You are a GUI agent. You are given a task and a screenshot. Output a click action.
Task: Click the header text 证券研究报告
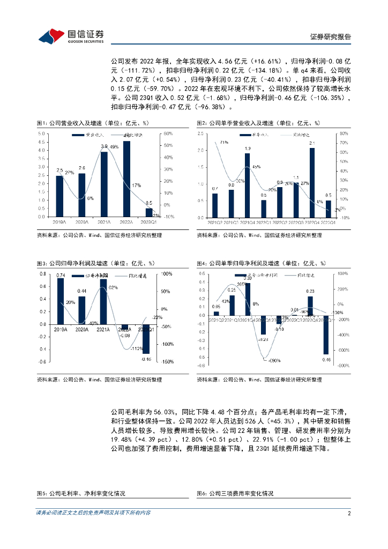tap(331, 37)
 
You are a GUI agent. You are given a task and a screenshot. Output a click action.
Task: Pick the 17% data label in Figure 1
tap(137, 186)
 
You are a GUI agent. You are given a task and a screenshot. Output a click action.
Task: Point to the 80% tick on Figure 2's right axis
tap(344, 133)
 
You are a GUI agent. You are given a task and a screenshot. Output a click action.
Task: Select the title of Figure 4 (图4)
tap(261, 263)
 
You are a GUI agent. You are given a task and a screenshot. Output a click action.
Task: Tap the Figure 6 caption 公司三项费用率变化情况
tap(235, 493)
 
